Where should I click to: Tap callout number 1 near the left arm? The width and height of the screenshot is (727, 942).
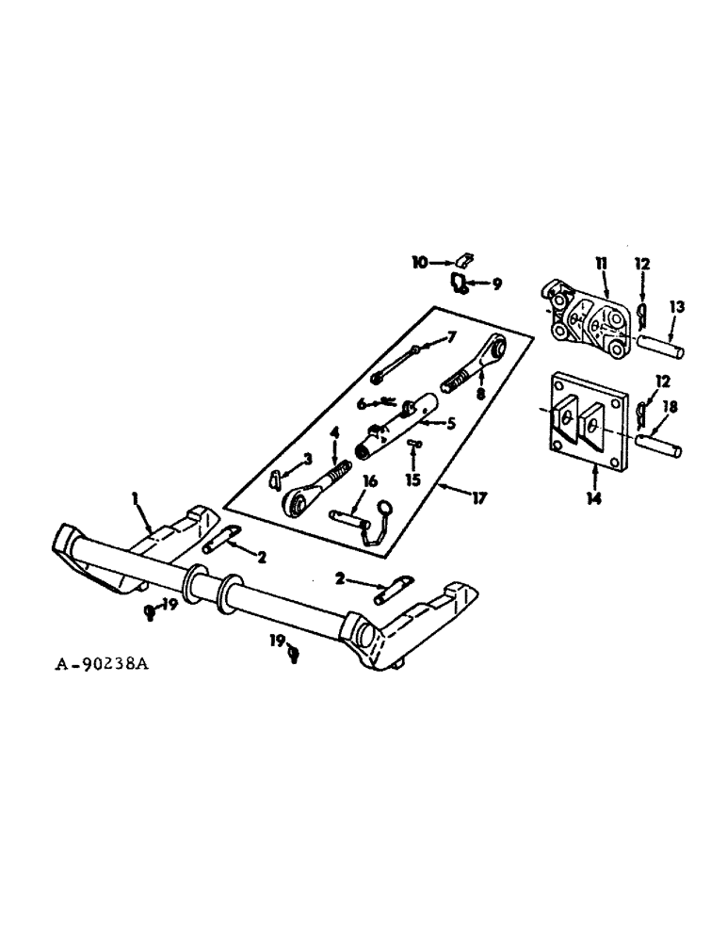tap(135, 496)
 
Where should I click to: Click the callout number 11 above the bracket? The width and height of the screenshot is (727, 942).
tap(600, 261)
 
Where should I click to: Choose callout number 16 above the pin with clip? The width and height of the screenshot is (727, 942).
tap(369, 481)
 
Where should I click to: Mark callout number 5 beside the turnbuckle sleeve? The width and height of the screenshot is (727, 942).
tap(450, 424)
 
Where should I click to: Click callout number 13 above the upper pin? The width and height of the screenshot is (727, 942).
tap(676, 307)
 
